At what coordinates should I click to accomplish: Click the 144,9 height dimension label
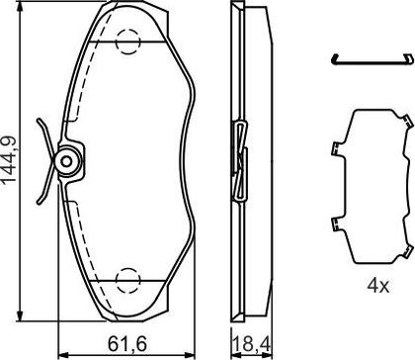(x=9, y=159)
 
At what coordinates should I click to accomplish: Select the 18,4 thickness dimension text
(x=253, y=344)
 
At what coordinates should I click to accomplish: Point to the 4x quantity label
(x=378, y=286)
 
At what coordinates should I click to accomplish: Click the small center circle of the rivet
(x=66, y=161)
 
